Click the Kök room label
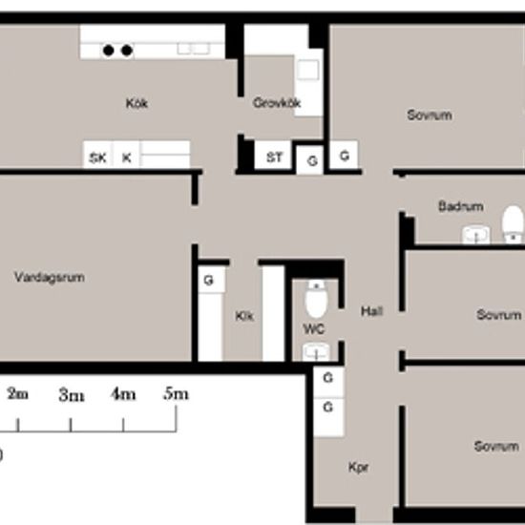click(136, 103)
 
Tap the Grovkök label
click(277, 103)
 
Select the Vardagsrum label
click(50, 277)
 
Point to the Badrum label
click(461, 206)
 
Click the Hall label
click(371, 311)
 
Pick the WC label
click(314, 329)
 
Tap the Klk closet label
click(244, 316)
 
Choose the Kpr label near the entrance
click(358, 468)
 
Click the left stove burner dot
click(108, 51)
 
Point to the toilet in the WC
click(316, 299)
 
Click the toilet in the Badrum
click(513, 223)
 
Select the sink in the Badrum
click(475, 235)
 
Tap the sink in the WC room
click(316, 352)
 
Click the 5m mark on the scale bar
click(177, 418)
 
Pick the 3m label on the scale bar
click(72, 395)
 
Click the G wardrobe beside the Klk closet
click(211, 280)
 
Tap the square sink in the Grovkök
click(307, 70)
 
